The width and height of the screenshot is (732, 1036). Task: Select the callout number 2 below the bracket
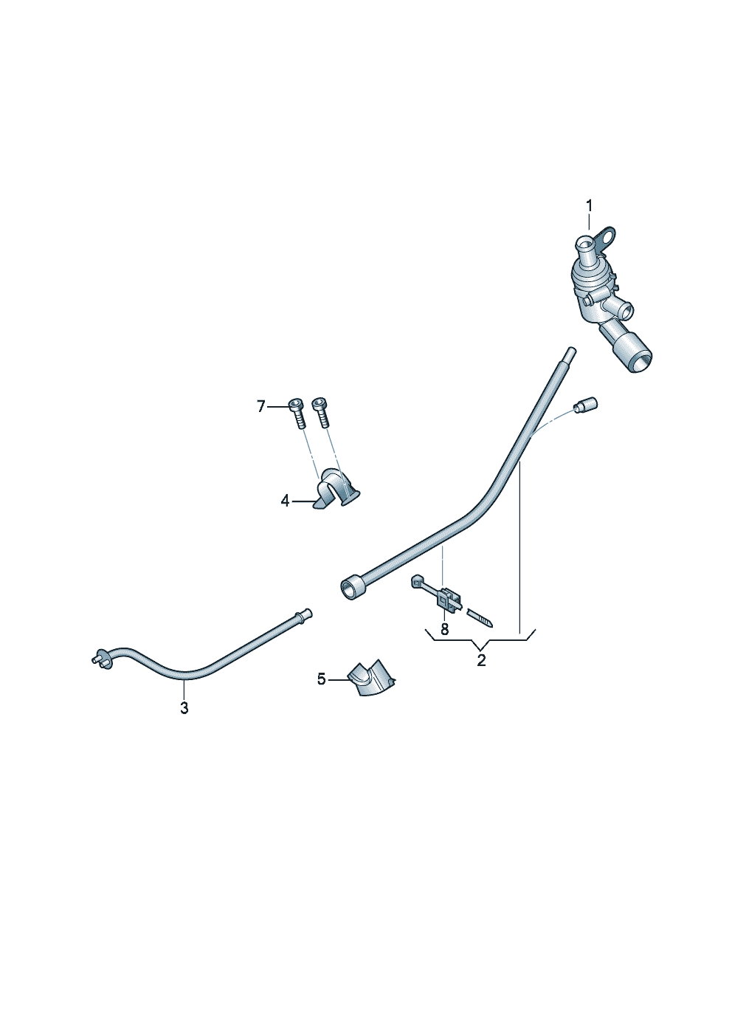[481, 660]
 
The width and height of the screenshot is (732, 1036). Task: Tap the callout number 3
[184, 708]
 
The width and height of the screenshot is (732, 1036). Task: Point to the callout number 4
[285, 501]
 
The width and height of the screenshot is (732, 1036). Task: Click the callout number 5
[322, 679]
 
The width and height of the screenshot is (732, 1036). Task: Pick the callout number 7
[261, 407]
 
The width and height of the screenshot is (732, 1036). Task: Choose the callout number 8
[444, 629]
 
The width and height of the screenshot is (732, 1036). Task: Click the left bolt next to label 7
[297, 413]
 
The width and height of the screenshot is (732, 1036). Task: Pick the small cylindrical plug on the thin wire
[585, 405]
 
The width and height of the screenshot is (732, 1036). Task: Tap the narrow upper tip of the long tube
[570, 354]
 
